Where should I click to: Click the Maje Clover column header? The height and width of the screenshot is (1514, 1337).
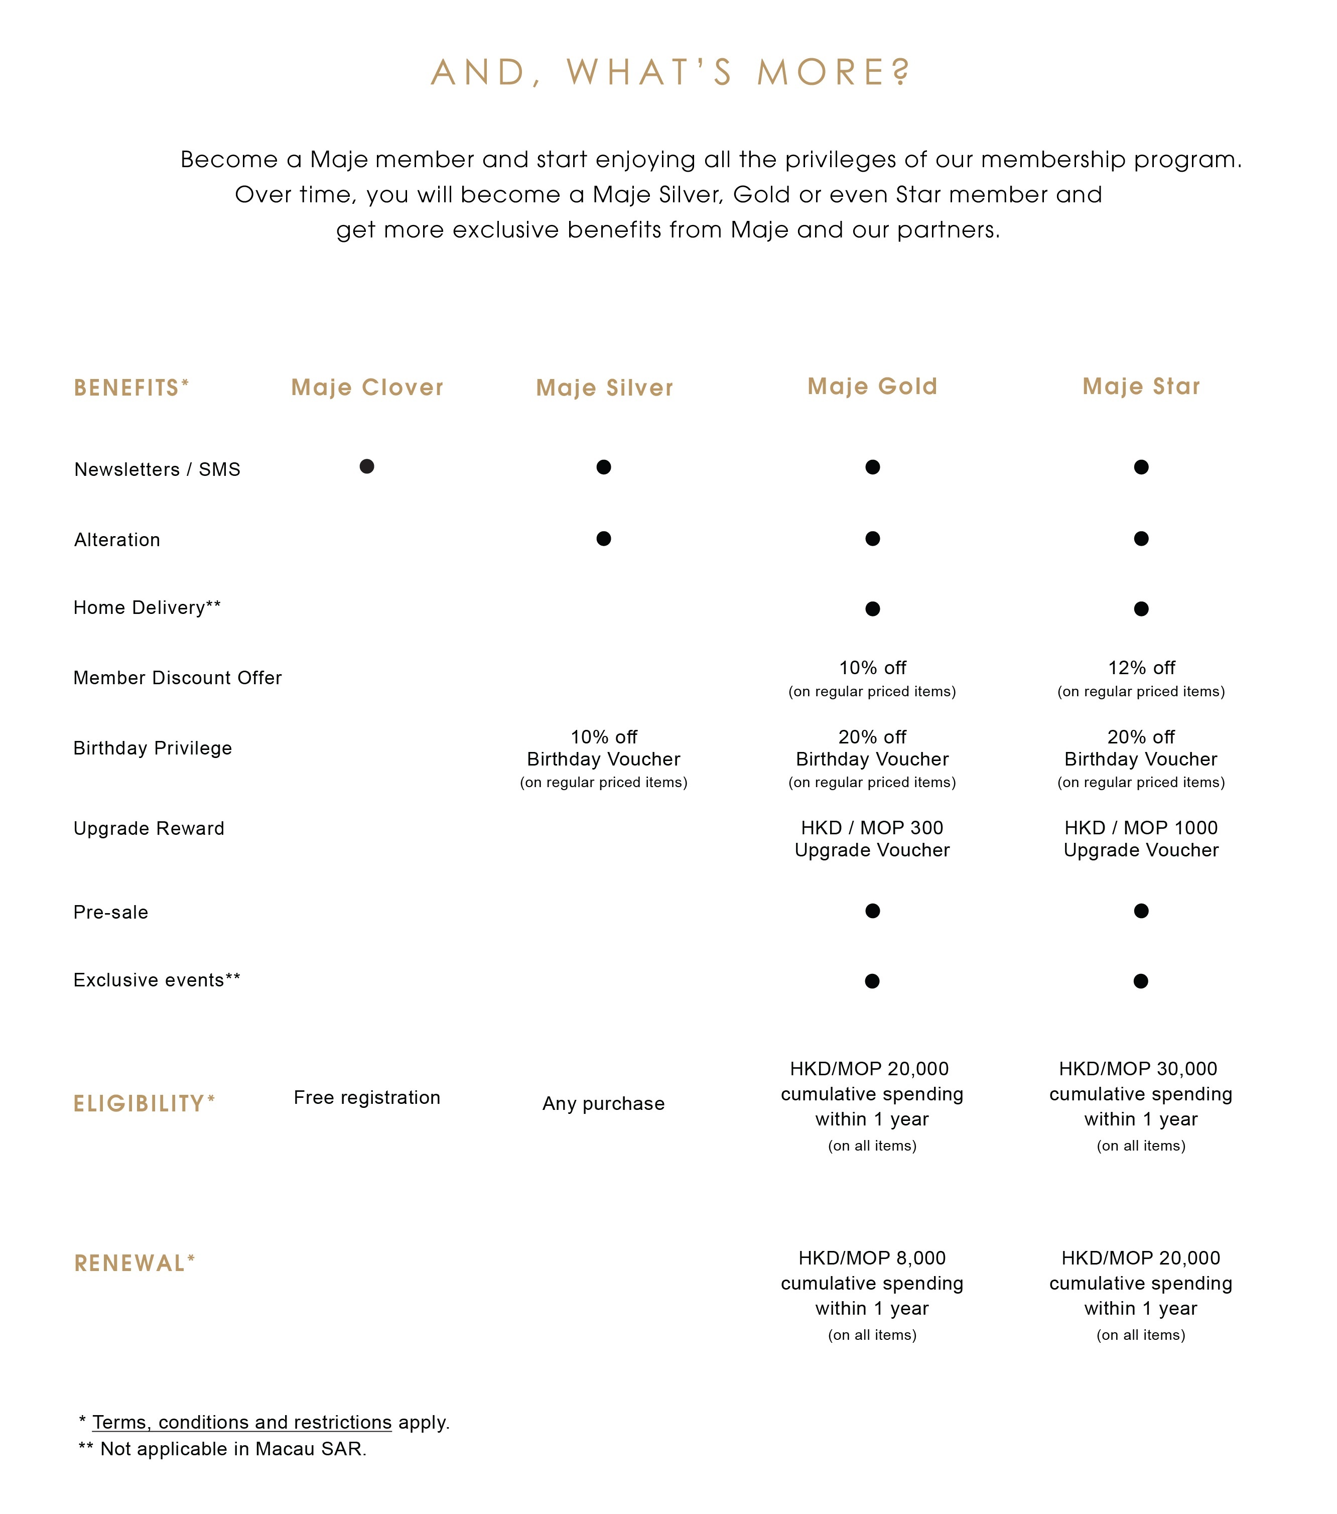(367, 388)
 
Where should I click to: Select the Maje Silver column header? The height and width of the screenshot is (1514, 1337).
(604, 388)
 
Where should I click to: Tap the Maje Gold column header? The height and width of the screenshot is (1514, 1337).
(872, 387)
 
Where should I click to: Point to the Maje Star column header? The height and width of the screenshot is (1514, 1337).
(1141, 387)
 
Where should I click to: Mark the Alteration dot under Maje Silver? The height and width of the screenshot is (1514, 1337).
(604, 539)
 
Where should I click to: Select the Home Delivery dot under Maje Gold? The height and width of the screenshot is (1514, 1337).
(873, 609)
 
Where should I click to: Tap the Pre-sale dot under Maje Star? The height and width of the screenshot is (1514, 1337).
(1141, 911)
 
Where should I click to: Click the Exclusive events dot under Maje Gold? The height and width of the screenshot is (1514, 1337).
(873, 981)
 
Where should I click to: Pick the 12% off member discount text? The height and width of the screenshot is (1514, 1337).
(1141, 668)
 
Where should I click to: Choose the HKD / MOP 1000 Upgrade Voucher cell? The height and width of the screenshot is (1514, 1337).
(1141, 838)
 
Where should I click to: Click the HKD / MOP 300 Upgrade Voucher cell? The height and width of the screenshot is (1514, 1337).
(872, 838)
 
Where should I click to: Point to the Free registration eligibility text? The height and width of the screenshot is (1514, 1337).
(367, 1098)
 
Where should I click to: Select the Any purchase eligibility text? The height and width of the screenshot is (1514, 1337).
(604, 1104)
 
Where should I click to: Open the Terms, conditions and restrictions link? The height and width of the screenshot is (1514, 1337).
(241, 1422)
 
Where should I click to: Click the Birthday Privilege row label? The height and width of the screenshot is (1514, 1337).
(153, 748)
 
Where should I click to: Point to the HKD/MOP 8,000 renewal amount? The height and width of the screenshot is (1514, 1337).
(872, 1257)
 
